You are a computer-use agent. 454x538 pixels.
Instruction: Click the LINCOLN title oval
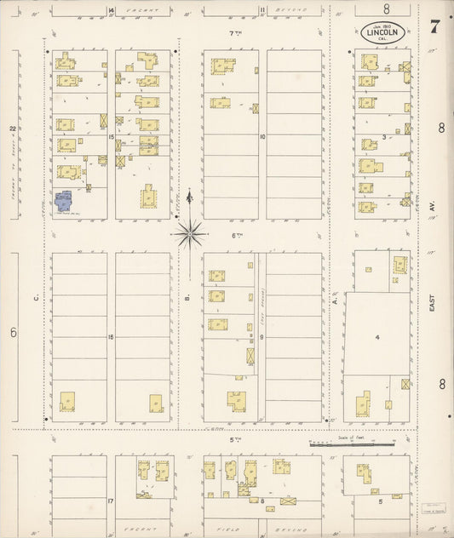click(383, 33)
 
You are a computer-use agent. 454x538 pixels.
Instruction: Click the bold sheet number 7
click(434, 26)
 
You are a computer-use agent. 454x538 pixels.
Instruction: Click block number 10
click(263, 136)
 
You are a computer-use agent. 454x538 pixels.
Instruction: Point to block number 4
click(376, 338)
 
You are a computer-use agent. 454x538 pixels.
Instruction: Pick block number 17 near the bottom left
click(111, 501)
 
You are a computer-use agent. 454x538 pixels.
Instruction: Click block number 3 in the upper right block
click(384, 136)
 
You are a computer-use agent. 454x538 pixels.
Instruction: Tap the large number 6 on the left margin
click(14, 332)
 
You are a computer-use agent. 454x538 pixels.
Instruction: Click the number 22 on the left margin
click(13, 129)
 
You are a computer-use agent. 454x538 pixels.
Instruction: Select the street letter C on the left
click(37, 298)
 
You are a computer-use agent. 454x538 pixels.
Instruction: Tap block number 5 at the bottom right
click(380, 501)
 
